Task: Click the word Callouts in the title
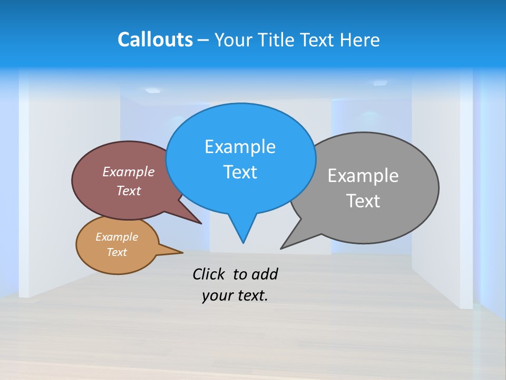[155, 40]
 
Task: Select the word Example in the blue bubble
[240, 146]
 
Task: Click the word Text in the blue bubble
[240, 172]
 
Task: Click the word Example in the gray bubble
[363, 175]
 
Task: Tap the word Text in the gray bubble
[363, 201]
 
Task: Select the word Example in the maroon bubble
[129, 172]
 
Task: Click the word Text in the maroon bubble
[129, 191]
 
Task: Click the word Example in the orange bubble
[116, 237]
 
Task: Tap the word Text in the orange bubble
[116, 252]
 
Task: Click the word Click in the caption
[209, 274]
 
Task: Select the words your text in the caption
[235, 296]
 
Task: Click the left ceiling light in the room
[152, 90]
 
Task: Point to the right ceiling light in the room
[380, 83]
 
